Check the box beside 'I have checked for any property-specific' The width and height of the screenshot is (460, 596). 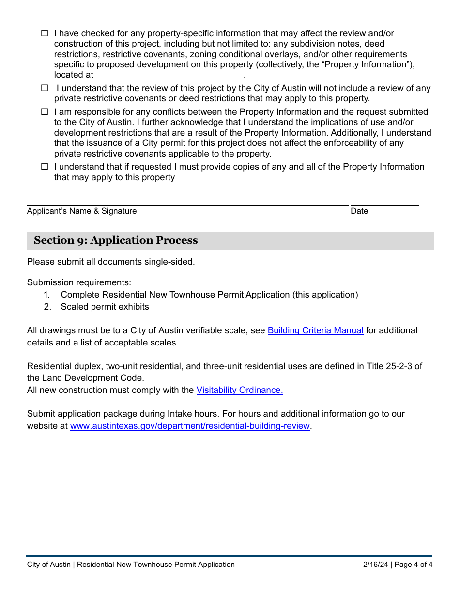pos(45,33)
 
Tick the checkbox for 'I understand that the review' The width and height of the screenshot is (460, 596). pos(45,88)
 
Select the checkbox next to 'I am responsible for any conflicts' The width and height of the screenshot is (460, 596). pos(45,112)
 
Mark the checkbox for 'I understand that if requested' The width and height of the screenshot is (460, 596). pos(45,167)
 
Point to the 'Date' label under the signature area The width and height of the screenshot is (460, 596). pos(359,211)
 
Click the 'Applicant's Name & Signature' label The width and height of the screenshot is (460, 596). pos(82,211)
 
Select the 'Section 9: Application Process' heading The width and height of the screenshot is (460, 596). pos(116,241)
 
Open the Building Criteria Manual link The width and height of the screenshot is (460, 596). pos(315,330)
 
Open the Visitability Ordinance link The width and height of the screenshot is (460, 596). pos(239,390)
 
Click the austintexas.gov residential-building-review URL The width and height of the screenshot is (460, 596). pos(190,426)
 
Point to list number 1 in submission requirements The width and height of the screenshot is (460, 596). pos(47,295)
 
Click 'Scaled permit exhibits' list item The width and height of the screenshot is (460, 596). pos(105,307)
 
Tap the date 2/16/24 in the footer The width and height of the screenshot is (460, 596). pos(376,565)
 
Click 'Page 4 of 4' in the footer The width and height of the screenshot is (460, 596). pos(414,565)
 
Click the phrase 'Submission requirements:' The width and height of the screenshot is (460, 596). pos(79,282)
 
